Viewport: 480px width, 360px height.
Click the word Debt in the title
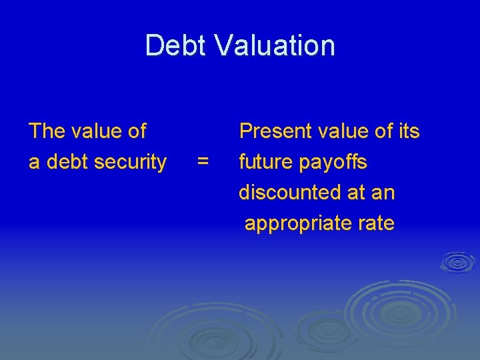click(175, 45)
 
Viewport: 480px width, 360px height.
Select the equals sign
click(203, 162)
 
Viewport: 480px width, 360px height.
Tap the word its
click(408, 131)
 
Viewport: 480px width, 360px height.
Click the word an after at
click(383, 193)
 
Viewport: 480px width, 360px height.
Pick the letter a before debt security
click(33, 162)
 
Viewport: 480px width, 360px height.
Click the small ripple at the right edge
click(458, 261)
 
